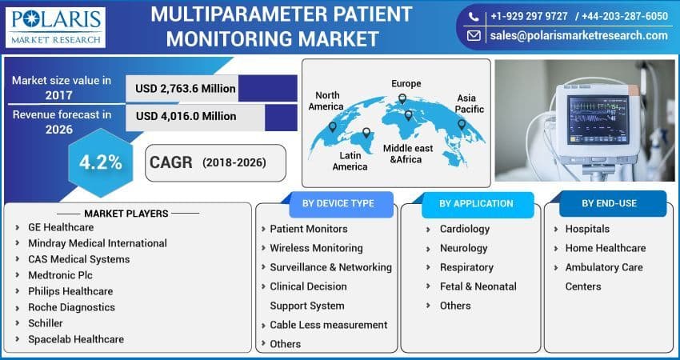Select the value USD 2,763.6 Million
pos(186,88)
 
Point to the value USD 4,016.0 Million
pos(186,116)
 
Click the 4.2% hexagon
pos(100,162)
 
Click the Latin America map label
pos(350,161)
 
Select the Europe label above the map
pos(406,83)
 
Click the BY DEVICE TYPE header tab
pos(338,203)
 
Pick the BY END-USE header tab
pos(609,203)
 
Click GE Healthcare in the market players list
pos(61,227)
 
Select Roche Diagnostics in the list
pos(71,307)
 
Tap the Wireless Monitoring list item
pos(316,248)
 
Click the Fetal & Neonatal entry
pos(478,286)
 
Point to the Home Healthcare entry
pos(605,248)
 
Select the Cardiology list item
pos(464,229)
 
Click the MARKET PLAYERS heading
pos(126,214)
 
